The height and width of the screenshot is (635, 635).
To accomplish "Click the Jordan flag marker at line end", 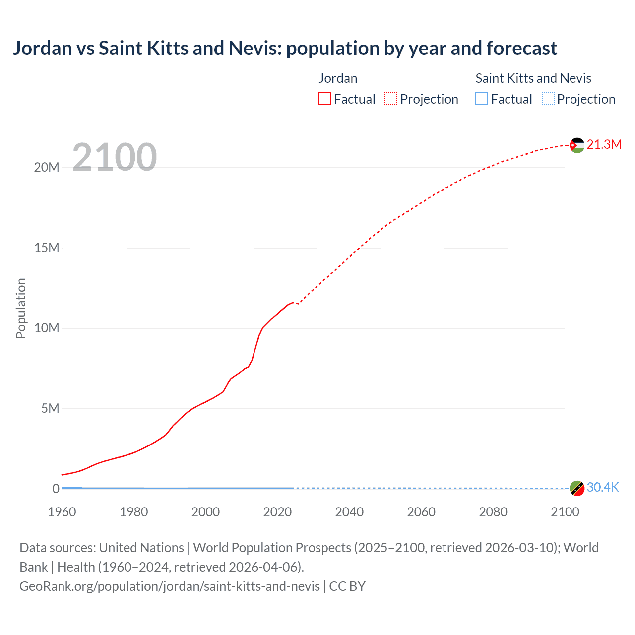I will pos(577,145).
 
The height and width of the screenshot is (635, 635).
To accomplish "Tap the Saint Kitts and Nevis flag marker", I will pos(577,488).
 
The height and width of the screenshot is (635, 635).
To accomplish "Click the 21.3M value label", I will pos(604,144).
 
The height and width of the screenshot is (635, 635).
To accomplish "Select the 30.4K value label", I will pos(603,487).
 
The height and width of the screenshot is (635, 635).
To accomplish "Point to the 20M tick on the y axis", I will pos(47,167).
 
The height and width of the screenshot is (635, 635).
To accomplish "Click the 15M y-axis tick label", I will pos(47,248).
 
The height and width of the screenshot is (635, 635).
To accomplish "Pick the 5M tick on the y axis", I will pos(50,408).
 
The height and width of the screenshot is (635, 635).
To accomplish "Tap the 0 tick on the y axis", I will pos(56,489).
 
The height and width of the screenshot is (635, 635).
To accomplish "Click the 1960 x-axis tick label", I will pos(62,512).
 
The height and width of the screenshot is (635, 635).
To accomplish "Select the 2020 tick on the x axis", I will pos(277,512).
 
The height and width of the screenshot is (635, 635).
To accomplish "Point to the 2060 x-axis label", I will pos(421,512).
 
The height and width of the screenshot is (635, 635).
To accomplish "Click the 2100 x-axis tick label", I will pos(565,512).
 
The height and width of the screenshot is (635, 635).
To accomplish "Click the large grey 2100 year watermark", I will pos(115,157).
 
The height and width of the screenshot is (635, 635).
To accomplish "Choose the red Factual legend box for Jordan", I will pos(325,99).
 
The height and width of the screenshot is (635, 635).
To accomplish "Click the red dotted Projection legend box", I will pos(391,99).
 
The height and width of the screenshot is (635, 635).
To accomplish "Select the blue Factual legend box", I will pos(482,99).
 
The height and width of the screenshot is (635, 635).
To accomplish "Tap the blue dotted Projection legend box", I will pos(548,99).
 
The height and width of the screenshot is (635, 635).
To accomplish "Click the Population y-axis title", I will pos(21,308).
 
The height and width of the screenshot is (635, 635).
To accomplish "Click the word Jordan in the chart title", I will pos(42,48).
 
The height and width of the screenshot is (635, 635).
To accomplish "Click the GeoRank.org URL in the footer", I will pos(170,586).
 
